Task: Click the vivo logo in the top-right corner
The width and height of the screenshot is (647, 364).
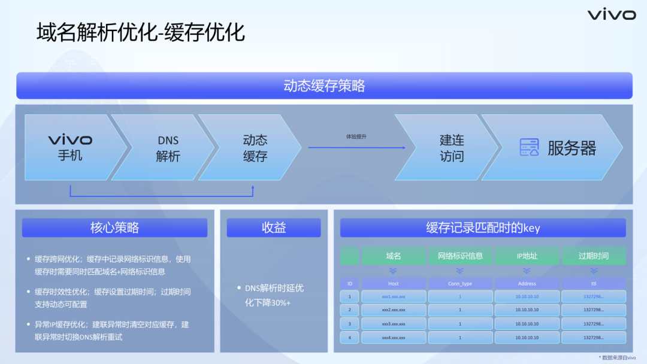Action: point(611,15)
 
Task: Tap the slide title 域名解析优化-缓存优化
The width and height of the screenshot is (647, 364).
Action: point(141,32)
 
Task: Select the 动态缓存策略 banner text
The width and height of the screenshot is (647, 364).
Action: point(324,86)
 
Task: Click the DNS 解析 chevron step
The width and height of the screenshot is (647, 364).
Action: point(168,148)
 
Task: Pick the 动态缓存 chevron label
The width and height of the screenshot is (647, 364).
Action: point(255,148)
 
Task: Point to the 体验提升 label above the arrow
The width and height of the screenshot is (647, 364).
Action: point(356,136)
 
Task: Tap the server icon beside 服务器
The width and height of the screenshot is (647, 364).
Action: point(529,147)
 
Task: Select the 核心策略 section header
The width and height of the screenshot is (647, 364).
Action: point(114,227)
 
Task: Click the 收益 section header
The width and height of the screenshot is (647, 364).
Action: point(274,227)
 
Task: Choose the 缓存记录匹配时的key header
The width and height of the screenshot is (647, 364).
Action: point(483,227)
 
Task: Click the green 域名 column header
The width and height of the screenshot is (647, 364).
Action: point(394,256)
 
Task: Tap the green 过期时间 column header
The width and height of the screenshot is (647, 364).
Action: point(593,256)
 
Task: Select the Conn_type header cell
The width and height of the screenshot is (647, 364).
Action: point(460,283)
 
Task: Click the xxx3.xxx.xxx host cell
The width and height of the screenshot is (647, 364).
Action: point(394,323)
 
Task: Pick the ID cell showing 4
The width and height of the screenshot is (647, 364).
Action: point(350,337)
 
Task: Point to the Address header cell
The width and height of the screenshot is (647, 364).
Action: point(527,283)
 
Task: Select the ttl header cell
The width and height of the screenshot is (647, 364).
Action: point(593,283)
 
